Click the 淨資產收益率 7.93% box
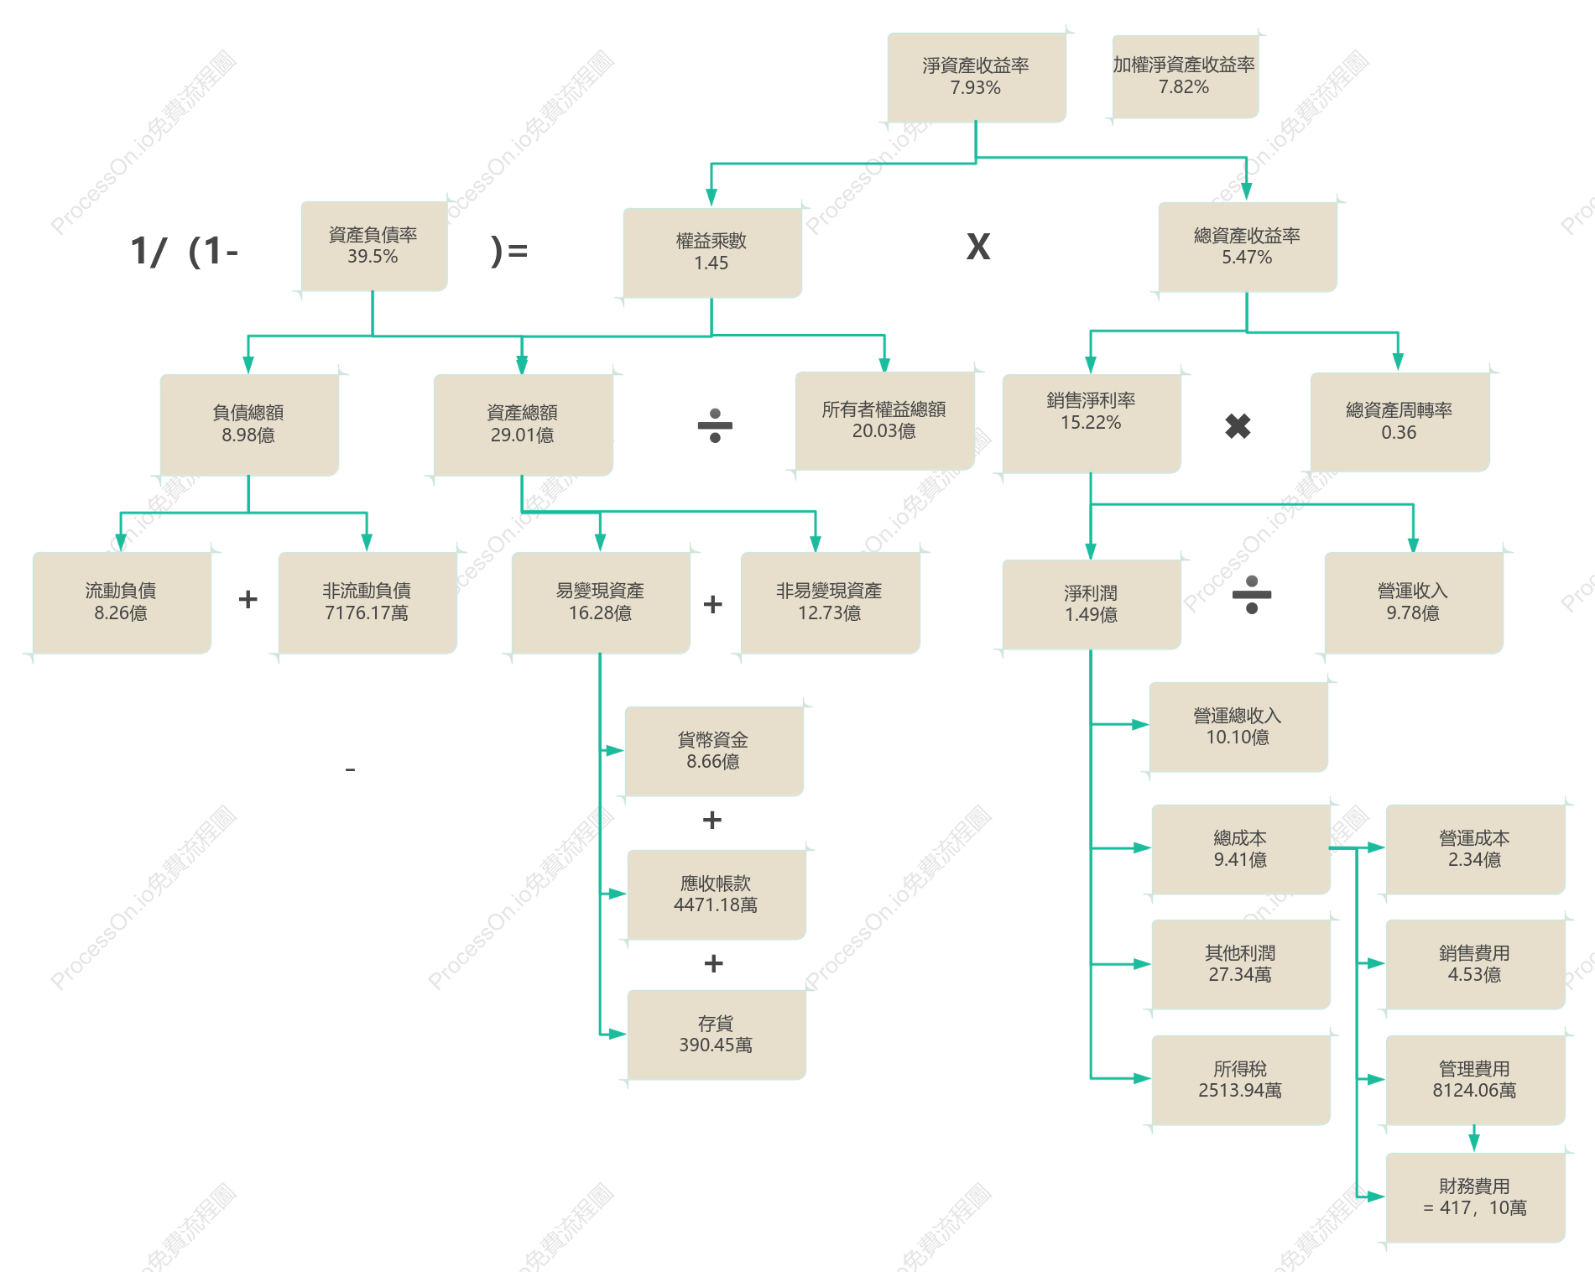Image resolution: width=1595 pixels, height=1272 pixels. tap(977, 77)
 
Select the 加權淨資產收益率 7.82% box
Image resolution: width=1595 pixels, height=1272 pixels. tap(1185, 76)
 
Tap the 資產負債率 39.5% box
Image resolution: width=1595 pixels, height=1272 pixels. tap(373, 246)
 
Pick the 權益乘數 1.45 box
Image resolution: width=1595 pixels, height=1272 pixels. tap(711, 253)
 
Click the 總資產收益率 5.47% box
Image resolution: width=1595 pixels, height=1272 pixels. tap(1247, 247)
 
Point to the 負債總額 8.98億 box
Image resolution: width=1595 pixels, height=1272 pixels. tap(249, 425)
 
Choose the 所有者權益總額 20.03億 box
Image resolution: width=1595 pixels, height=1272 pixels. tap(884, 420)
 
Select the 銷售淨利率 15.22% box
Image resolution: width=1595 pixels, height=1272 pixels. tap(1092, 424)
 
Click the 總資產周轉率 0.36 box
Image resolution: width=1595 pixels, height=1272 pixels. tap(1400, 422)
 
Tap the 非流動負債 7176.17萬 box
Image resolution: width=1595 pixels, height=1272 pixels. tap(367, 602)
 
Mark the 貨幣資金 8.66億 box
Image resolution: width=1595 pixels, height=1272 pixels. tap(714, 751)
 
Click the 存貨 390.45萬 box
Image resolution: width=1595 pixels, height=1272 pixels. tap(717, 1035)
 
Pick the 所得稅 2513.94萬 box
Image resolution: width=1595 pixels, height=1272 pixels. tap(1241, 1080)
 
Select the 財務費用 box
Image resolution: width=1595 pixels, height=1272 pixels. tap(1475, 1197)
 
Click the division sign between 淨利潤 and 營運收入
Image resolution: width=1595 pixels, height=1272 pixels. tap(1252, 595)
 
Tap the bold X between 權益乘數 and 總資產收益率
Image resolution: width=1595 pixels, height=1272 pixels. tap(978, 247)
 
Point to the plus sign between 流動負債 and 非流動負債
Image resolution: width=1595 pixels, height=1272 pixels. tap(248, 599)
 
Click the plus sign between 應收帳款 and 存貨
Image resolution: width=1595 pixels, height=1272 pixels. tap(713, 963)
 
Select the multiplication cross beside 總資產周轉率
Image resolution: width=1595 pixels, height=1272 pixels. tap(1238, 426)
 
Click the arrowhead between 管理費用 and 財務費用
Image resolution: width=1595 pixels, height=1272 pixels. tap(1474, 1143)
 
